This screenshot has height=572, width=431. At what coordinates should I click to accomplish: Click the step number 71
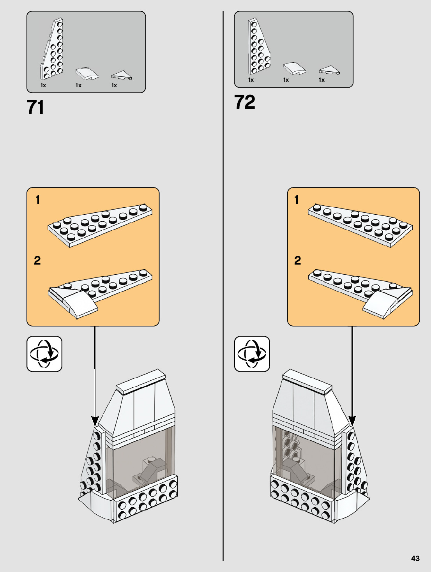tap(35, 107)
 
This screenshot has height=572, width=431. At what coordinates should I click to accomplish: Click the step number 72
tap(245, 102)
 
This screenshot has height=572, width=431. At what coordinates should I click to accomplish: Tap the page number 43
tap(415, 558)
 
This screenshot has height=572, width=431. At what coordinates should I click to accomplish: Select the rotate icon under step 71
tap(44, 354)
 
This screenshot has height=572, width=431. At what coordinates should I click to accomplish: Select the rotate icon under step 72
tap(252, 354)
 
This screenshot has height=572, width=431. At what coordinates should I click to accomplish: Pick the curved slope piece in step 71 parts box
tap(86, 73)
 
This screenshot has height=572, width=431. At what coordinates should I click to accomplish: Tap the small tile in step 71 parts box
tap(122, 75)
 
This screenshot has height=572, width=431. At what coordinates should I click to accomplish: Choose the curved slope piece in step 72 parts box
tap(294, 68)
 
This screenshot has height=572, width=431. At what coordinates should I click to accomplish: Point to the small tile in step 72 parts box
tap(329, 71)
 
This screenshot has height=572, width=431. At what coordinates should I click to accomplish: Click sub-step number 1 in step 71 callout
tap(37, 200)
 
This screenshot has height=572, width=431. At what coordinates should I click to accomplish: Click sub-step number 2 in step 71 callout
tap(37, 260)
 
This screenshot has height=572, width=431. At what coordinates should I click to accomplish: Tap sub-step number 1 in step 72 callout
tap(297, 200)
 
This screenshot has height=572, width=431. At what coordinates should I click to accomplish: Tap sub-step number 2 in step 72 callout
tap(298, 260)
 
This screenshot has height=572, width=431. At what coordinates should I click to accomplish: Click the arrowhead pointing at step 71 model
tap(95, 421)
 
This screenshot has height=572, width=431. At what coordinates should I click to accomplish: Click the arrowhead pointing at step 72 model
tap(352, 421)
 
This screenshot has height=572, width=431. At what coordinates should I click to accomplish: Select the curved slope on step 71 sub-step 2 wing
tap(81, 304)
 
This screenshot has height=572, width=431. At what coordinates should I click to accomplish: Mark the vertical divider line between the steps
tap(223, 273)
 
